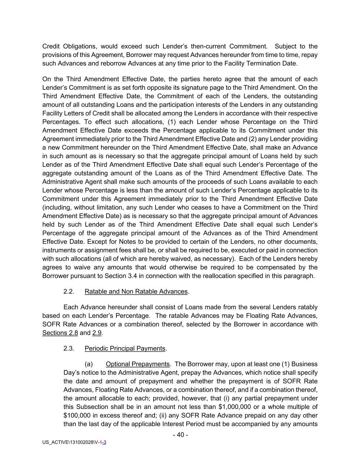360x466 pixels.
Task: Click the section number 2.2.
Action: point(69,292)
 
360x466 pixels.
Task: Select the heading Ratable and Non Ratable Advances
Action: point(136,292)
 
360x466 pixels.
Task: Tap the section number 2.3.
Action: point(69,349)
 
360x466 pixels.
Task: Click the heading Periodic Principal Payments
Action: point(125,349)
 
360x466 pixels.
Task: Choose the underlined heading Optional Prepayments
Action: point(138,364)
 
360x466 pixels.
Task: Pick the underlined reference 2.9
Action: point(97,333)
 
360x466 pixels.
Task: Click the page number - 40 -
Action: point(180,435)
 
